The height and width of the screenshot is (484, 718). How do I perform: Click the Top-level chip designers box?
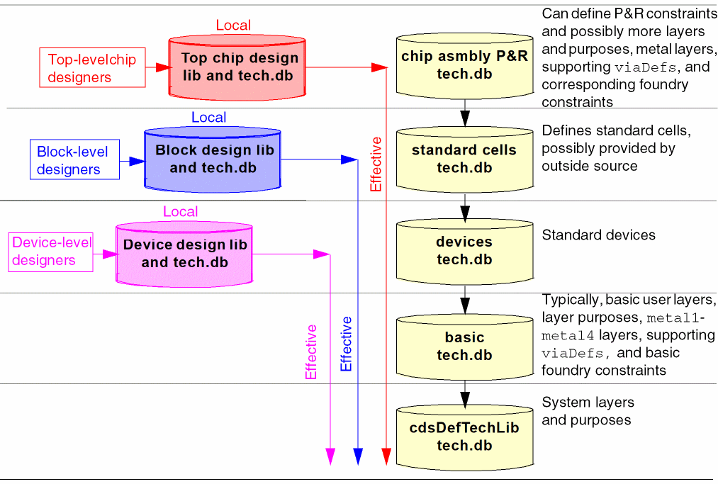pyautogui.click(x=91, y=68)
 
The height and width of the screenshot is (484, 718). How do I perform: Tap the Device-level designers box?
pyautogui.click(x=52, y=252)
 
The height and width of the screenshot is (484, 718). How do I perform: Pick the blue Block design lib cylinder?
pyautogui.click(x=213, y=159)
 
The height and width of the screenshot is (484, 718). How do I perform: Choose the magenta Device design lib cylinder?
pyautogui.click(x=184, y=254)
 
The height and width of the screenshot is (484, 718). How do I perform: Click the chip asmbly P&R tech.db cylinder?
pyautogui.click(x=464, y=65)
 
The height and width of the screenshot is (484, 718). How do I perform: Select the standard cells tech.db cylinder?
pyautogui.click(x=464, y=159)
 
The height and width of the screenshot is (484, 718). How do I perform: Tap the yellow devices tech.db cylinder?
pyautogui.click(x=464, y=251)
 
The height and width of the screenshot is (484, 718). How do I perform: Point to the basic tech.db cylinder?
pyautogui.click(x=464, y=346)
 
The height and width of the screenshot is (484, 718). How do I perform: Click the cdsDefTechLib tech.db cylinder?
pyautogui.click(x=464, y=437)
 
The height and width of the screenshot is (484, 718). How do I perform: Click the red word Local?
pyautogui.click(x=233, y=26)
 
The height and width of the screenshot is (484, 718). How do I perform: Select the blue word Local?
pyautogui.click(x=209, y=118)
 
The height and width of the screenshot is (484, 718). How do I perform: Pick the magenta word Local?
pyautogui.click(x=181, y=212)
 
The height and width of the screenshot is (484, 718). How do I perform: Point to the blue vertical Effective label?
pyautogui.click(x=346, y=344)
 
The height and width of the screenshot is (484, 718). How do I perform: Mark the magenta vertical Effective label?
pyautogui.click(x=312, y=352)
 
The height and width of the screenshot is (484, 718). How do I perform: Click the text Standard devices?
pyautogui.click(x=598, y=235)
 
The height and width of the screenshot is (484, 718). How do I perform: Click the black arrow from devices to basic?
pyautogui.click(x=464, y=300)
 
